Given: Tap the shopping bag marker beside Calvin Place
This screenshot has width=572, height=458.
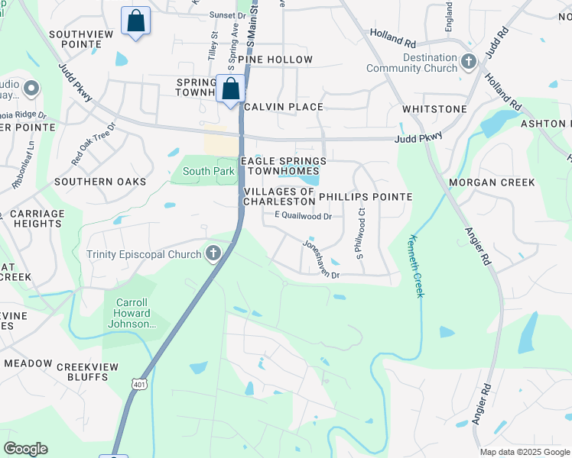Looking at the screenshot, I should pyautogui.click(x=230, y=89).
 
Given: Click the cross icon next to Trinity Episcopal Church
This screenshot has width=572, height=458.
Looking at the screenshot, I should pyautogui.click(x=213, y=253).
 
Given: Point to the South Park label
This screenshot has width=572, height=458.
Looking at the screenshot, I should pyautogui.click(x=208, y=172).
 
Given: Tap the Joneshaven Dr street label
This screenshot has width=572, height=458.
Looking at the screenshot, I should pyautogui.click(x=321, y=260).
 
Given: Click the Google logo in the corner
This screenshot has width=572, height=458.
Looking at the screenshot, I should pyautogui.click(x=25, y=449).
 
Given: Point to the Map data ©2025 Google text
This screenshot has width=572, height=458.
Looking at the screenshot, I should pyautogui.click(x=524, y=452).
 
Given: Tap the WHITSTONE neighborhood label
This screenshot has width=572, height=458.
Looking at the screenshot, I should pyautogui.click(x=434, y=109).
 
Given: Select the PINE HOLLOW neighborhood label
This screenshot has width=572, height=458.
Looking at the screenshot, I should pyautogui.click(x=275, y=60).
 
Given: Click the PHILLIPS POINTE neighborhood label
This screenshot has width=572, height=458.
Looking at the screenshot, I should pyautogui.click(x=366, y=197).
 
